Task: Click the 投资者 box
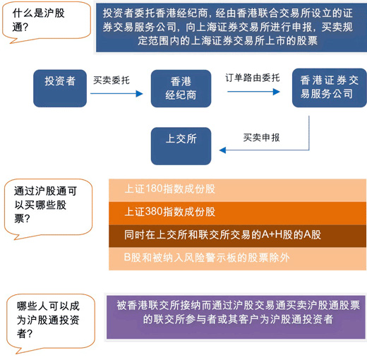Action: click(60, 88)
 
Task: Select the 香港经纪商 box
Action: click(181, 88)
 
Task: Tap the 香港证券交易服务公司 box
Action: click(330, 88)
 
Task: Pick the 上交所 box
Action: click(181, 146)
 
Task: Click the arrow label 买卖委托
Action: click(112, 80)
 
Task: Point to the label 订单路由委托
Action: click(253, 78)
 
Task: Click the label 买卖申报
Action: click(261, 138)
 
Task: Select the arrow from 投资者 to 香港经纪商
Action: click(116, 94)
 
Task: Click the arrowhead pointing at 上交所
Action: click(222, 150)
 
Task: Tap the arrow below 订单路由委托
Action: click(253, 92)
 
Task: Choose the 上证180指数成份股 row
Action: click(237, 190)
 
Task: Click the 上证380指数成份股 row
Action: click(237, 213)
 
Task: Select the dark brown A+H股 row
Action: click(237, 236)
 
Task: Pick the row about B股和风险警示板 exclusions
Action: click(237, 258)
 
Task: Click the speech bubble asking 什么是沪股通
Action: click(47, 22)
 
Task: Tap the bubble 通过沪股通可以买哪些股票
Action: click(48, 208)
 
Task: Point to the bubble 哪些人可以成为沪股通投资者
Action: click(51, 323)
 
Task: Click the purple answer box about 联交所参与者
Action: click(236, 317)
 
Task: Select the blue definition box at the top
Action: click(231, 28)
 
